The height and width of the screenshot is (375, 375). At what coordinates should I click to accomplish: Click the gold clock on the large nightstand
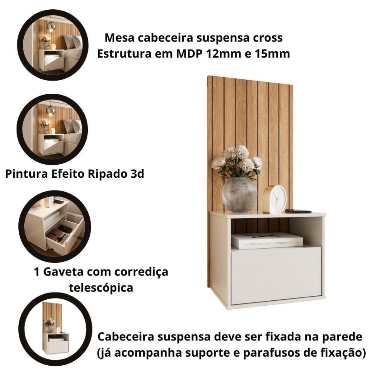coord(274,199)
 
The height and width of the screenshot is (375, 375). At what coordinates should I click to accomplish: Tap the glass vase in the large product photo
coord(239,195)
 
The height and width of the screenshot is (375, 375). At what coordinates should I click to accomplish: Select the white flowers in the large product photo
coord(237,161)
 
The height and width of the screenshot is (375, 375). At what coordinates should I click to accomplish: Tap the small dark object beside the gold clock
coord(298,211)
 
